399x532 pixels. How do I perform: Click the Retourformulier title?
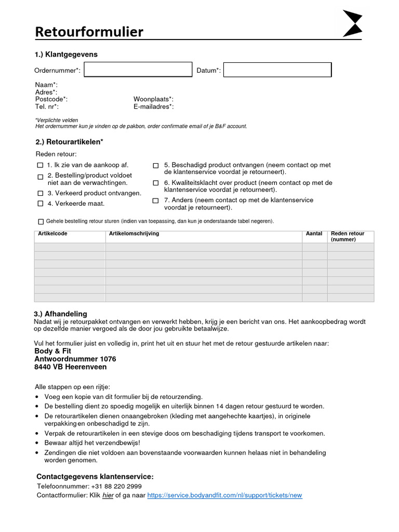point(89,32)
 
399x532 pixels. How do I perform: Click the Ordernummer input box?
point(138,70)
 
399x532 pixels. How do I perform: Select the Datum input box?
point(277,70)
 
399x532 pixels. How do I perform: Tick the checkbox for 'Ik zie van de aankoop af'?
point(41,165)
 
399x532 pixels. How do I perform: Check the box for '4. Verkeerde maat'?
point(41,204)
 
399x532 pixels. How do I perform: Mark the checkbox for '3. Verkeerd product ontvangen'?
point(41,193)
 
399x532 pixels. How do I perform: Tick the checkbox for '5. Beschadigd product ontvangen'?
point(156,166)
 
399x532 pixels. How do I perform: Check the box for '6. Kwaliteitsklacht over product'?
point(156,183)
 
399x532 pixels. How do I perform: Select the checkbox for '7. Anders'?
point(156,201)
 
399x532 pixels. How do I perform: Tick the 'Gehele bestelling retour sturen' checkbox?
point(41,221)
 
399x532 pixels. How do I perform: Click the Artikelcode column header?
point(52,234)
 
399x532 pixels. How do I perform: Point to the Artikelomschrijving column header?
point(134,234)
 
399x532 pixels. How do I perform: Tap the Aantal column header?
point(314,234)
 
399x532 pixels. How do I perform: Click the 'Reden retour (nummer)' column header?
point(348,236)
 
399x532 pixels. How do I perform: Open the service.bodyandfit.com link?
point(224,495)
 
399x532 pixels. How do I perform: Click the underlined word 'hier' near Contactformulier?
point(108,495)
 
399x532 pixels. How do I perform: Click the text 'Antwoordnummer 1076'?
point(75,359)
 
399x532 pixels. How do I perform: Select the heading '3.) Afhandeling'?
point(60,314)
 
